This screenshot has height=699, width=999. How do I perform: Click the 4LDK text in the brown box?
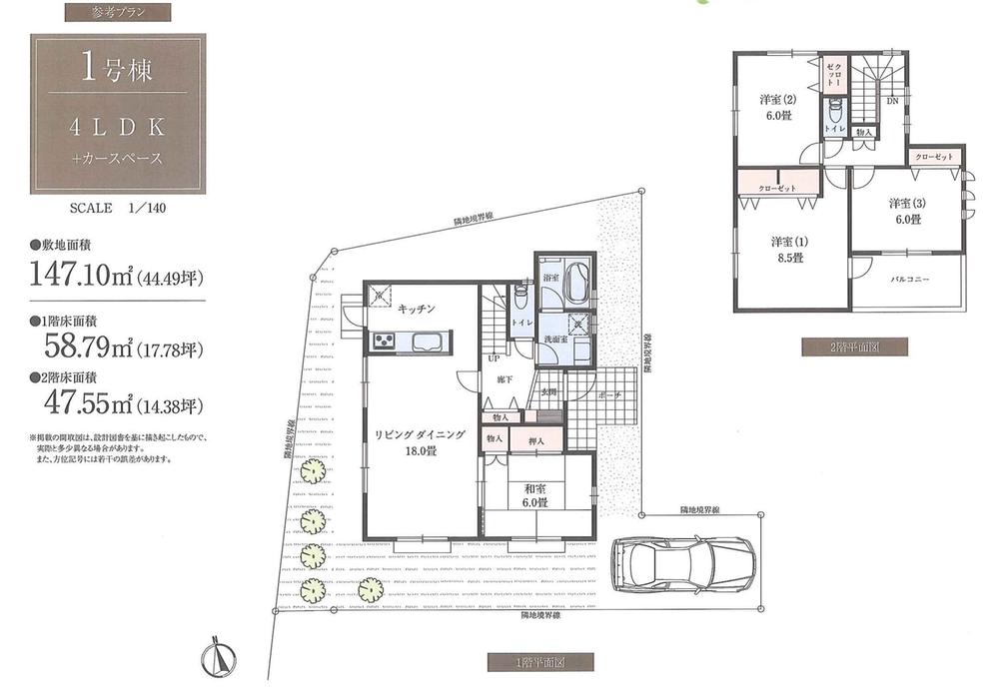[x=117, y=129]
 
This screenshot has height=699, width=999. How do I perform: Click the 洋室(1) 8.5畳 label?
[x=788, y=249]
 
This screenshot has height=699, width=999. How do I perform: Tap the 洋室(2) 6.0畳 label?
[x=774, y=107]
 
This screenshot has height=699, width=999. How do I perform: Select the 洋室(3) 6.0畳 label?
[x=907, y=212]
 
